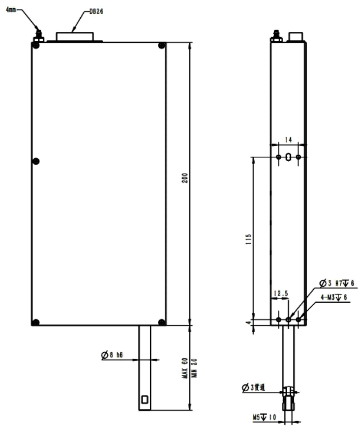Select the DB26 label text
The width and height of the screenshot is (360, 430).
(97, 11)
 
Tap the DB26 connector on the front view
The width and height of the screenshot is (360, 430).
(76, 36)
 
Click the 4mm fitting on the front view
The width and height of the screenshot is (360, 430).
(39, 36)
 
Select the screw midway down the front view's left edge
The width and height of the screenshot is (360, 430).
(36, 162)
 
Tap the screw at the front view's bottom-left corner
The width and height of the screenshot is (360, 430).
(36, 322)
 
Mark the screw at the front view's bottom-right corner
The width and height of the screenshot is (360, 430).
(162, 322)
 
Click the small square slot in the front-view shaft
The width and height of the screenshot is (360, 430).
(144, 399)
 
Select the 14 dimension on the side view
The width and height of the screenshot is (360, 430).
(288, 139)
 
